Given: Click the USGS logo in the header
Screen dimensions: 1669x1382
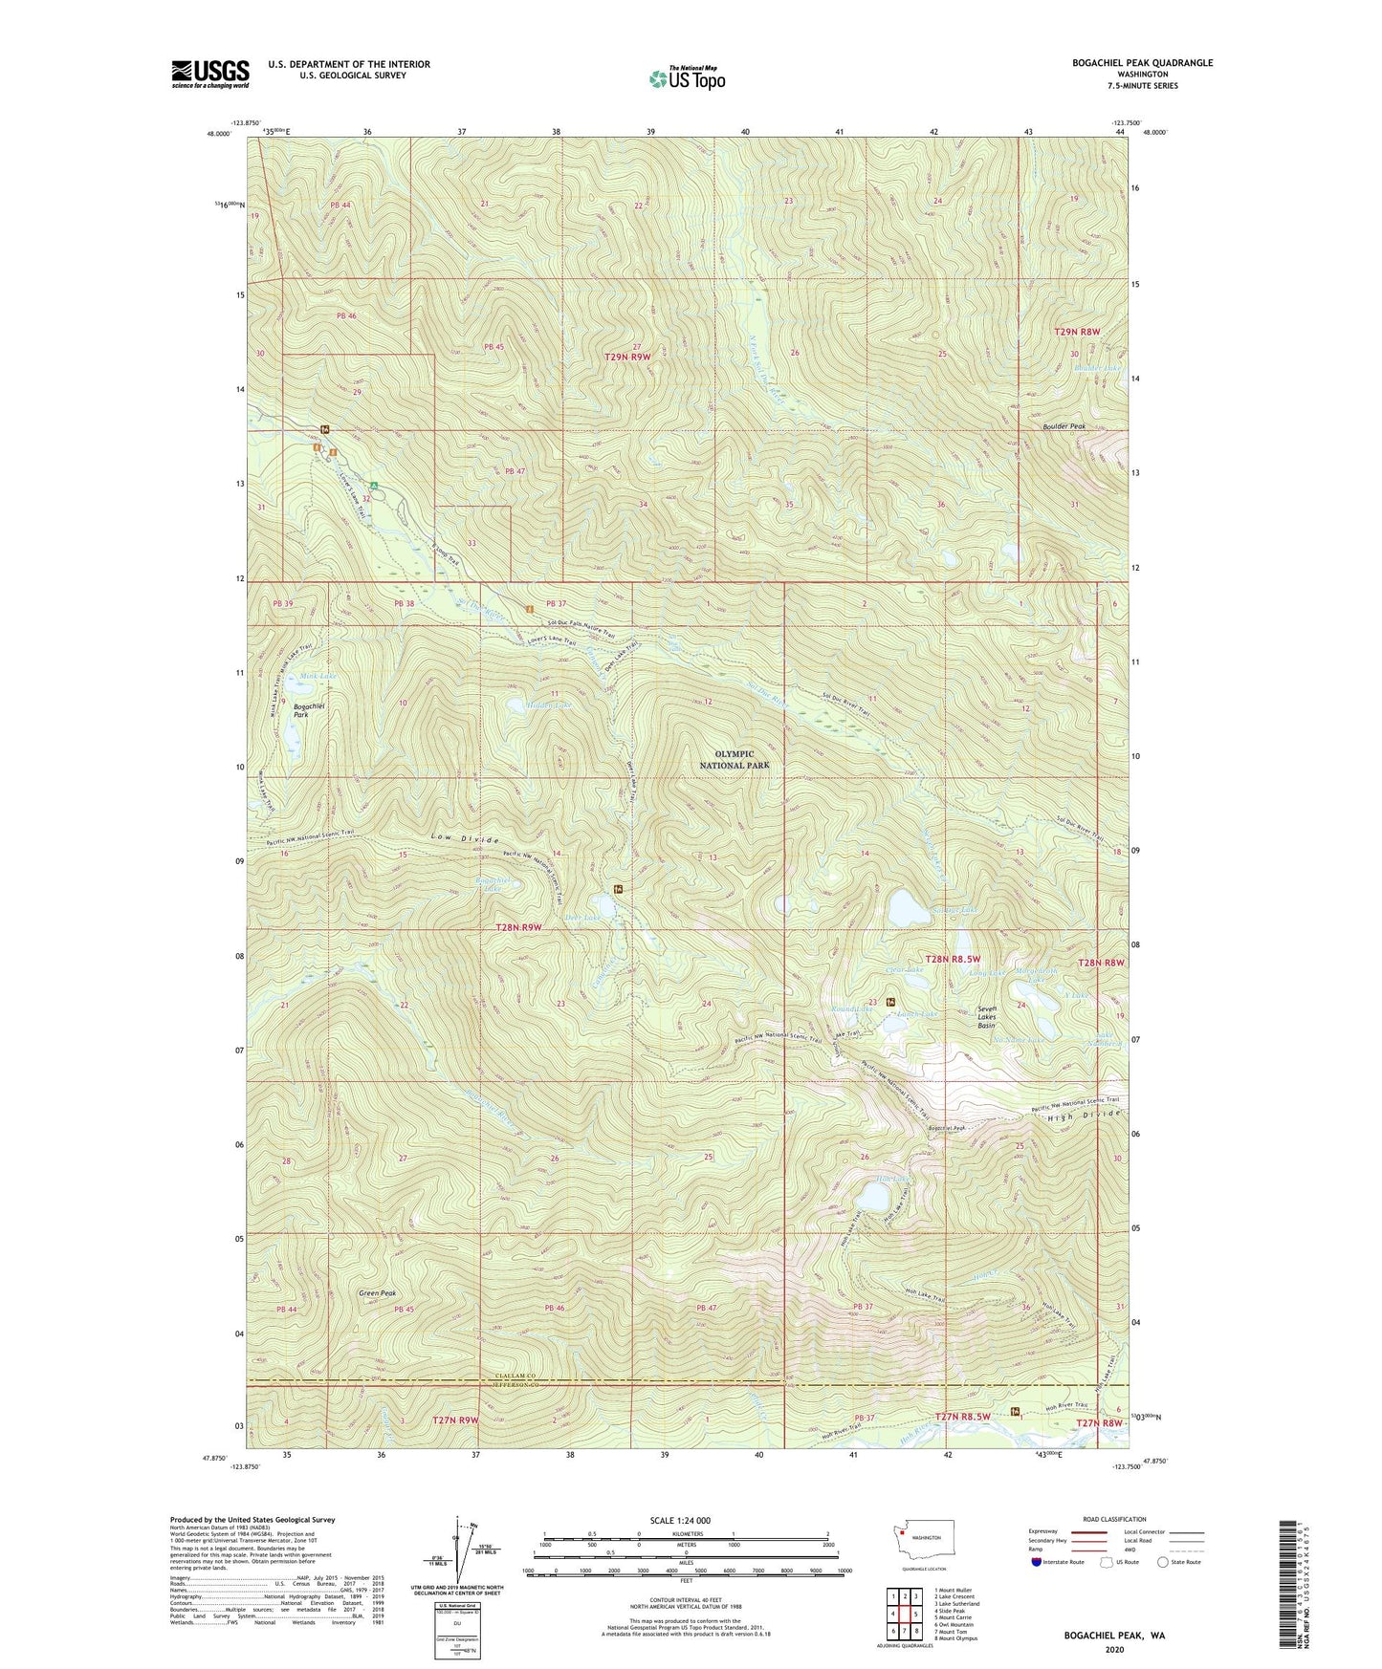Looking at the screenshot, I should click(210, 74).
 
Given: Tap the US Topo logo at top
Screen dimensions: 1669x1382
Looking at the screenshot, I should click(686, 77).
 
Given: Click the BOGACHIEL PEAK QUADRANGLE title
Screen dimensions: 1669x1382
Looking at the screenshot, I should click(1142, 63).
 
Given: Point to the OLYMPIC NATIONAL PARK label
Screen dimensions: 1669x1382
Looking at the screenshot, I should click(734, 760).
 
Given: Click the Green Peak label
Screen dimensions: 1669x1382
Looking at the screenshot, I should click(377, 1293).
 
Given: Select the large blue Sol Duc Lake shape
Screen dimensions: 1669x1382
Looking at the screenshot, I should click(905, 908).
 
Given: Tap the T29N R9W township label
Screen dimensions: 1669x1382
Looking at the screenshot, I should click(634, 357).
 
